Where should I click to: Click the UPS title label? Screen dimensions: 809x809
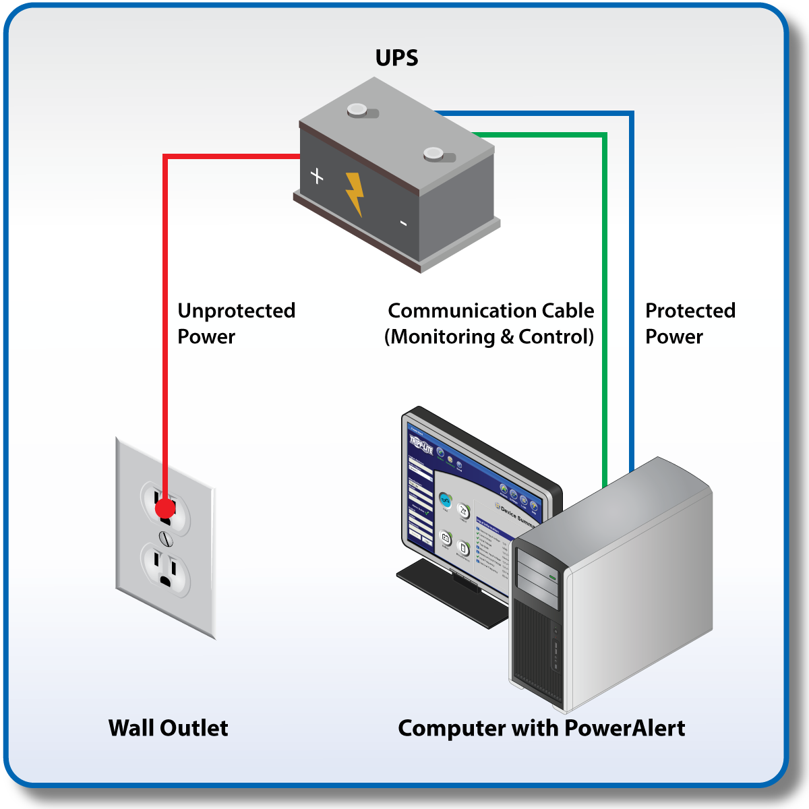[396, 58]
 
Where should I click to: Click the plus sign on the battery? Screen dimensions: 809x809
[317, 176]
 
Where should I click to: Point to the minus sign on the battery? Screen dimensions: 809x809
[403, 223]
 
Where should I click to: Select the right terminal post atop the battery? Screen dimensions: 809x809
[433, 154]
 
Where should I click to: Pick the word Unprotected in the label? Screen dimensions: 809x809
[236, 311]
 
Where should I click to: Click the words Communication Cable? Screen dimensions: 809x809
[491, 311]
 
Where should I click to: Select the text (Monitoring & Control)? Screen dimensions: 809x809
[489, 336]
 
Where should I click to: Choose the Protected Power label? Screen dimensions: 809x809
[690, 324]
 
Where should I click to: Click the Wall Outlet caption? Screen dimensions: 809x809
[168, 728]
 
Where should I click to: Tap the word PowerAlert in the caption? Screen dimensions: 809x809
[624, 728]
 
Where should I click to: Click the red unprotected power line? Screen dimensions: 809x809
[165, 303]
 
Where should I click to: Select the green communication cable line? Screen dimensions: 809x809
[605, 303]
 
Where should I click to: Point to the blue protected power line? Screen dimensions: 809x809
[632, 270]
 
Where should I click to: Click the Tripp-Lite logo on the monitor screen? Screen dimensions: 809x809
[421, 446]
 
